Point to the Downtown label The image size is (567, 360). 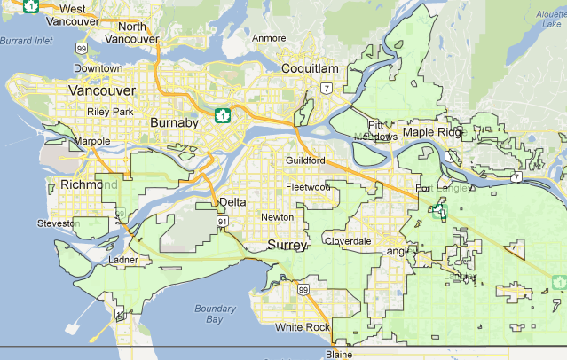[x=98, y=68]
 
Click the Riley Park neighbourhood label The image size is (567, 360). [x=110, y=112]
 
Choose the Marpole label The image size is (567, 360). [x=92, y=141]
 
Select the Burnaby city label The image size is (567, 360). [x=174, y=123]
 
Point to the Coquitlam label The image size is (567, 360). [x=310, y=68]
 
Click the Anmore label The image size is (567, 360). [x=269, y=38]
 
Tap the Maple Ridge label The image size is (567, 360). [x=433, y=132]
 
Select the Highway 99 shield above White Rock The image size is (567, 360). [x=303, y=290]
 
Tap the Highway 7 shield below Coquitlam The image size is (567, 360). [x=327, y=88]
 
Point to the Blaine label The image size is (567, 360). [x=338, y=354]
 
